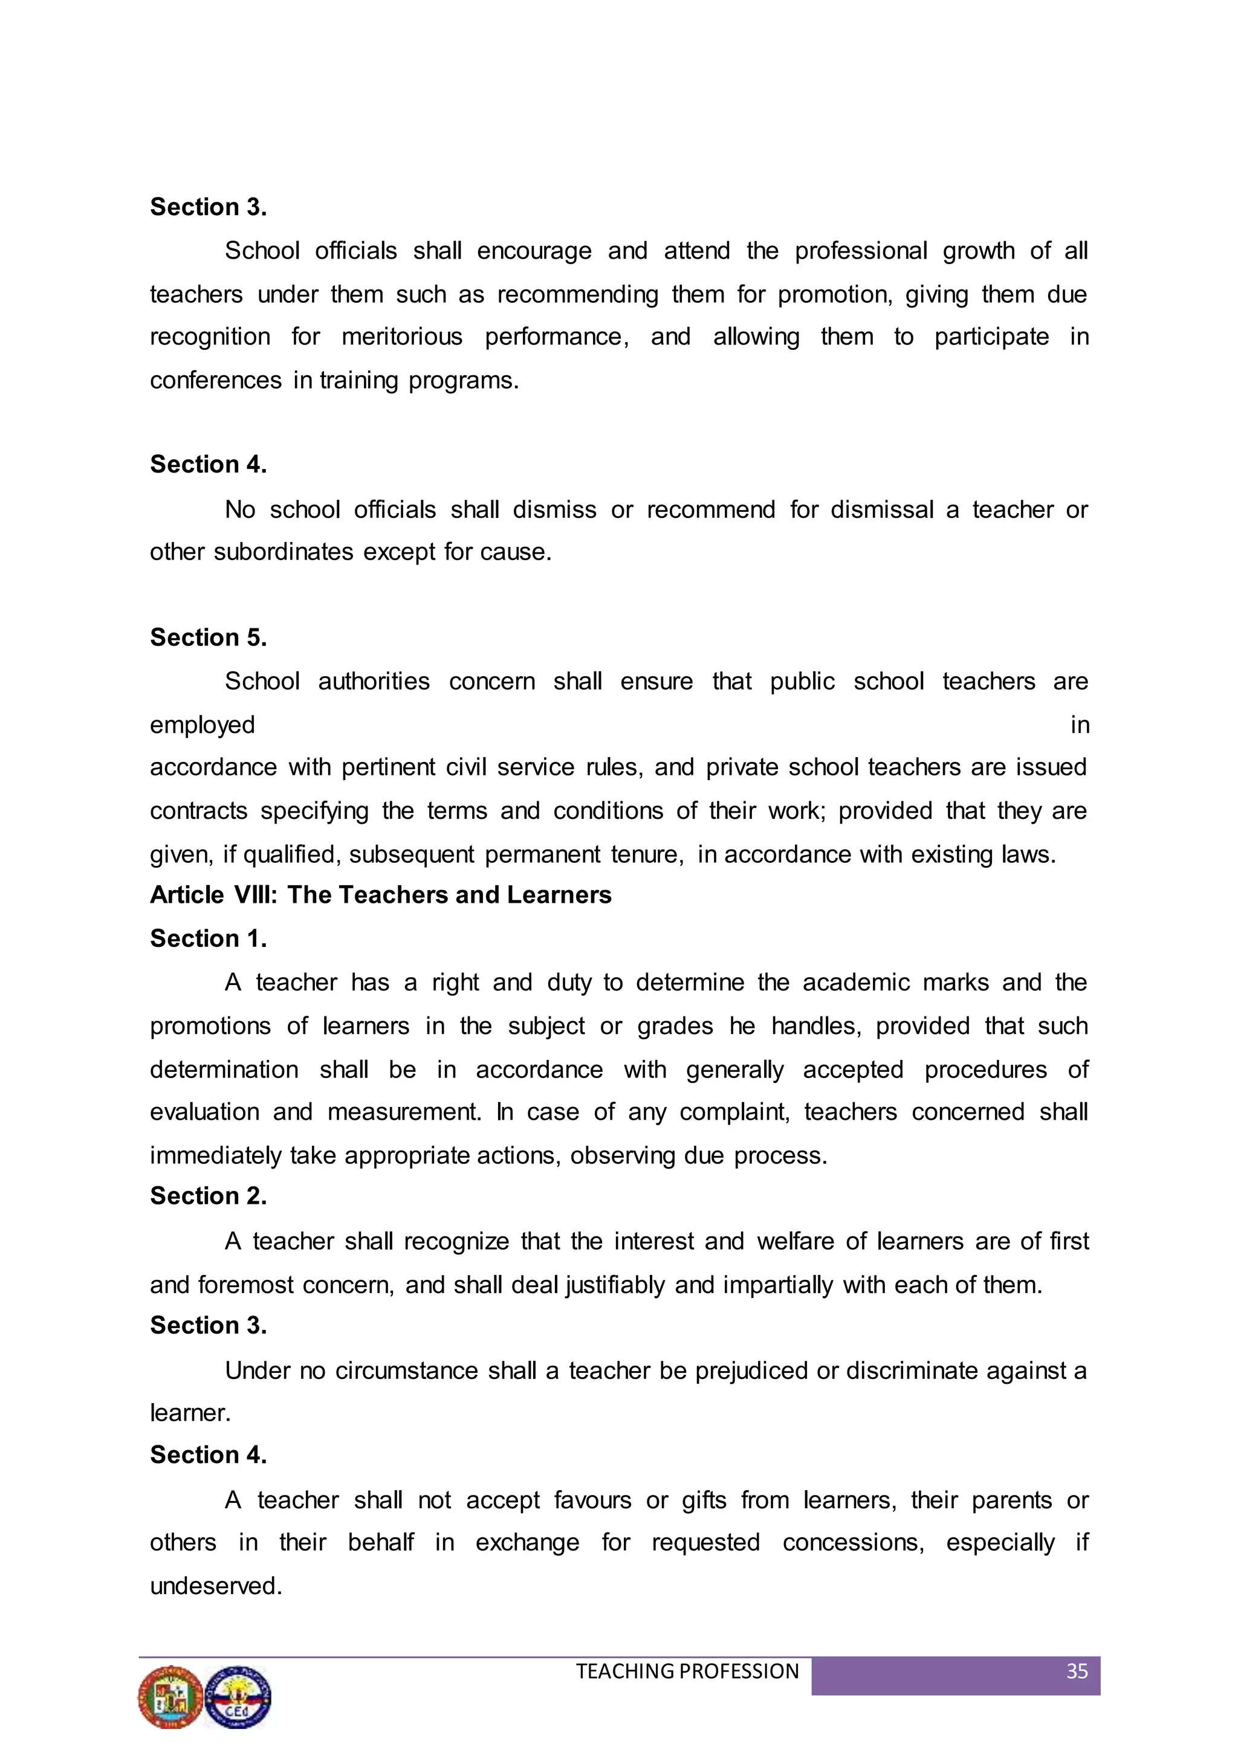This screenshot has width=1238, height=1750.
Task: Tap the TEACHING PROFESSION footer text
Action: [x=687, y=1671]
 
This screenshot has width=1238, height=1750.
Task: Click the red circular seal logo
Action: [x=170, y=1697]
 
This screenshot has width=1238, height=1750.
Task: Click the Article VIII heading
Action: [x=380, y=895]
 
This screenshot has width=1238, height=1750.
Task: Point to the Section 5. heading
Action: [x=208, y=637]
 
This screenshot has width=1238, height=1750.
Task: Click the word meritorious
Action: [x=402, y=337]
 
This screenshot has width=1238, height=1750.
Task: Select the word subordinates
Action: [x=283, y=552]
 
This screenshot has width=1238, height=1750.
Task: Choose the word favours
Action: [x=592, y=1500]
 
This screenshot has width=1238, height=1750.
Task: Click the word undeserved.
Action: [x=216, y=1586]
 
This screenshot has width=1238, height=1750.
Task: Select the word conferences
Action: [x=216, y=380]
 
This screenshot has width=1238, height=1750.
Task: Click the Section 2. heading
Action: [x=208, y=1196]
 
